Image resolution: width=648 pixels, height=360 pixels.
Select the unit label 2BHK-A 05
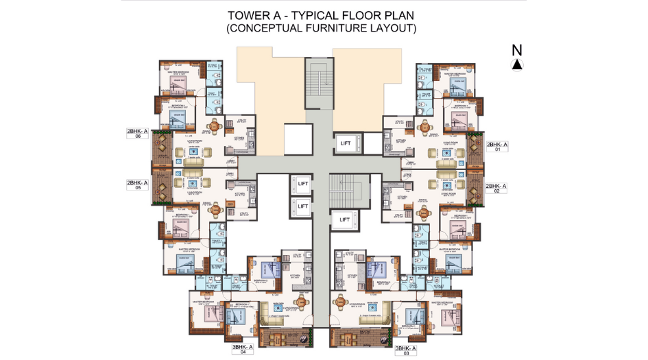coord(137,185)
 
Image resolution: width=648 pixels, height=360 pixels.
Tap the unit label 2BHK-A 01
coord(496,147)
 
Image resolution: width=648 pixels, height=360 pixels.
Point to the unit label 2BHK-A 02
coord(496,188)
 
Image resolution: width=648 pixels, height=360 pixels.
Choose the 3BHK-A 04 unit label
coord(243,350)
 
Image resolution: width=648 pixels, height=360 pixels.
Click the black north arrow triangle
coord(517,64)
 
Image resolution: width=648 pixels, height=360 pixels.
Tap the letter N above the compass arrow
coord(517,49)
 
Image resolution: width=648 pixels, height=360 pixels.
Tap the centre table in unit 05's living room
coord(191,183)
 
